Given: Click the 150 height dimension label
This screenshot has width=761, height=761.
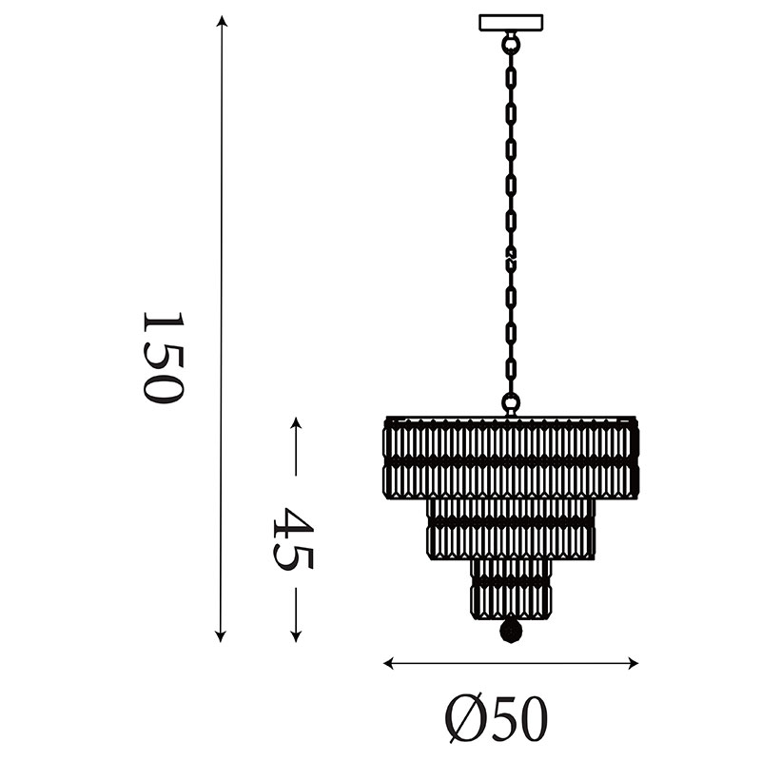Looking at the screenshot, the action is [163, 358].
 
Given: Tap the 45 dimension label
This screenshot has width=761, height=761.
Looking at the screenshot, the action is [294, 538].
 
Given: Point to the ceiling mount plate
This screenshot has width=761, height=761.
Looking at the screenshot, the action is [511, 23].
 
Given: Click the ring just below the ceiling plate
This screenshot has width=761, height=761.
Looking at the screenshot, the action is [511, 43].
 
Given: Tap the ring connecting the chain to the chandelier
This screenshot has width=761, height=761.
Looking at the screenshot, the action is [511, 402].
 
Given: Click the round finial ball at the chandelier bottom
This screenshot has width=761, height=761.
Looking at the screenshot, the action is [511, 631].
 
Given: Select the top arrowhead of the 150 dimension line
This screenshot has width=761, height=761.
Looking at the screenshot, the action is [222, 21].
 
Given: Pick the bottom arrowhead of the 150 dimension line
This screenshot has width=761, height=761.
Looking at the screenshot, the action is [221, 636].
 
